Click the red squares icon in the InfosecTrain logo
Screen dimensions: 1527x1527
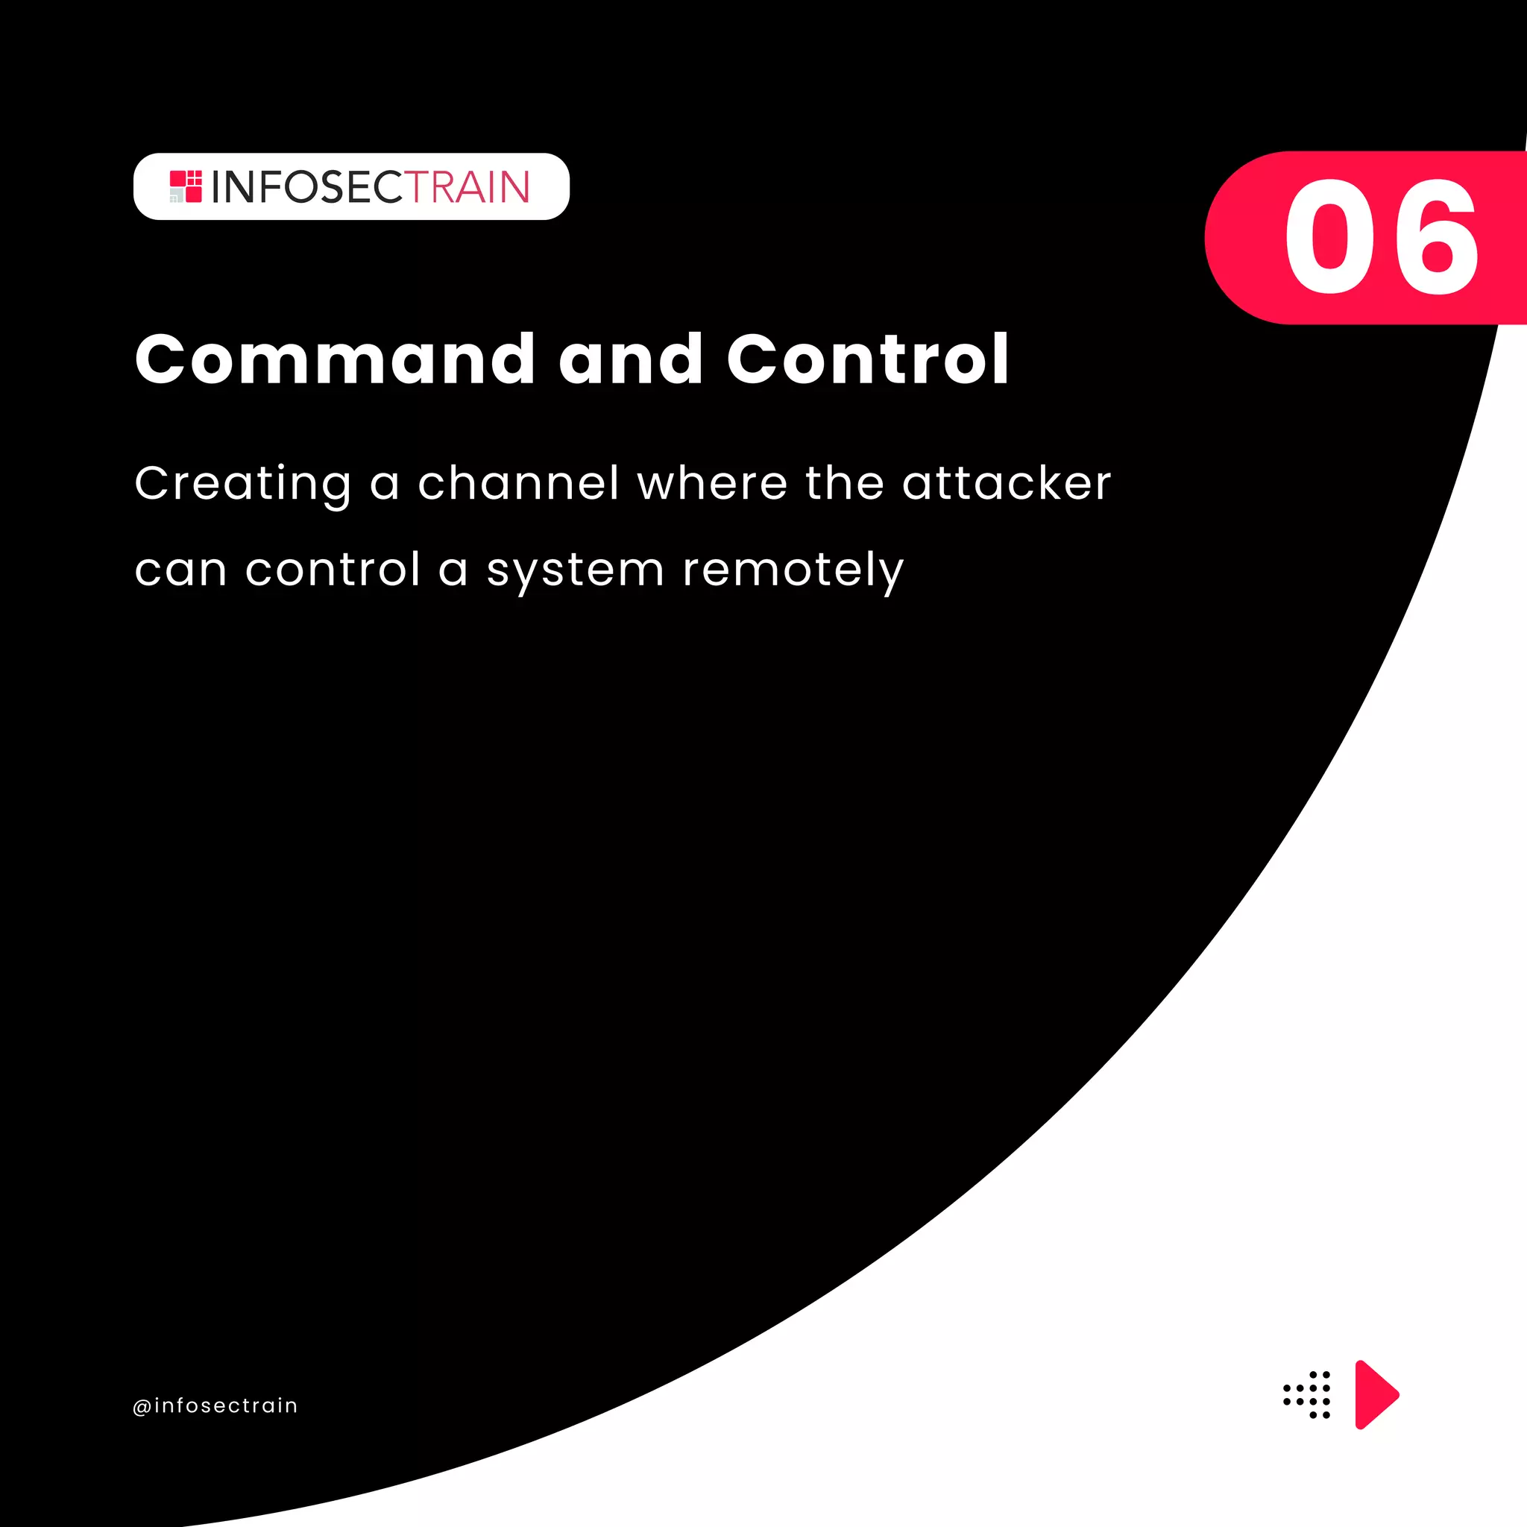(x=186, y=186)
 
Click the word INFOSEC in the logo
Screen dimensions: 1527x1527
(x=307, y=187)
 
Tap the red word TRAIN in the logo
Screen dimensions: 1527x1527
(x=468, y=187)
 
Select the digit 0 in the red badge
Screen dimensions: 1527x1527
(x=1329, y=237)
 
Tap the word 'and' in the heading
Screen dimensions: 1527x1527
(x=630, y=359)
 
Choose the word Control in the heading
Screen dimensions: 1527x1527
(x=868, y=359)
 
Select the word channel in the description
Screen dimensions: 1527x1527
(x=518, y=484)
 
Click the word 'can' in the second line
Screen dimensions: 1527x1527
(x=181, y=570)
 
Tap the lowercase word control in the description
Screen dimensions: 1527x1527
(x=333, y=570)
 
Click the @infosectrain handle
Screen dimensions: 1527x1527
(x=215, y=1406)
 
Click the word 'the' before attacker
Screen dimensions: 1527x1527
(x=844, y=484)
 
